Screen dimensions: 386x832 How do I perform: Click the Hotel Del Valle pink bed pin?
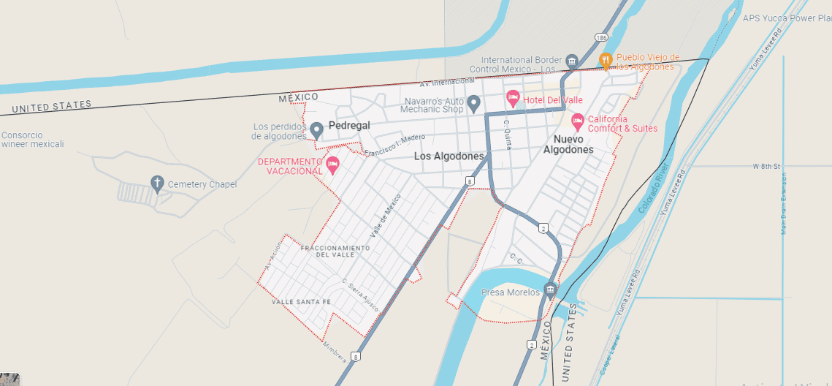click(x=513, y=98)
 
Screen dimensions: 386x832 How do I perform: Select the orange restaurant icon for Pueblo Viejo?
click(x=605, y=60)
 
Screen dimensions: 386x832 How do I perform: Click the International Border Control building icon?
click(x=572, y=60)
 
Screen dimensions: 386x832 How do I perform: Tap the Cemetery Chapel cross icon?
click(x=156, y=183)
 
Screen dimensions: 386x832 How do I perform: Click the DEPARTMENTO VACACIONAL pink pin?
click(x=332, y=163)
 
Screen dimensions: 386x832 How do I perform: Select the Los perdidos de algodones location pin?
click(x=316, y=129)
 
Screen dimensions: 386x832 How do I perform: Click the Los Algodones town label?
click(x=449, y=156)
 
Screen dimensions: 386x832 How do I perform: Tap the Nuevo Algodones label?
click(x=568, y=144)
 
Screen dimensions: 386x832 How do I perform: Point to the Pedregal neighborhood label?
click(x=349, y=126)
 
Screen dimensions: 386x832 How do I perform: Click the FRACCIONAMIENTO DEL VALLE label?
click(x=336, y=251)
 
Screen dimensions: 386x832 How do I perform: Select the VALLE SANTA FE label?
click(x=302, y=302)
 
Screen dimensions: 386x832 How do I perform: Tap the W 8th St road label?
click(x=767, y=167)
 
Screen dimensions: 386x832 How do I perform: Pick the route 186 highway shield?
click(x=600, y=36)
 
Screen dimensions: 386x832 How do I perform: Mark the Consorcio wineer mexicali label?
click(x=32, y=140)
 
